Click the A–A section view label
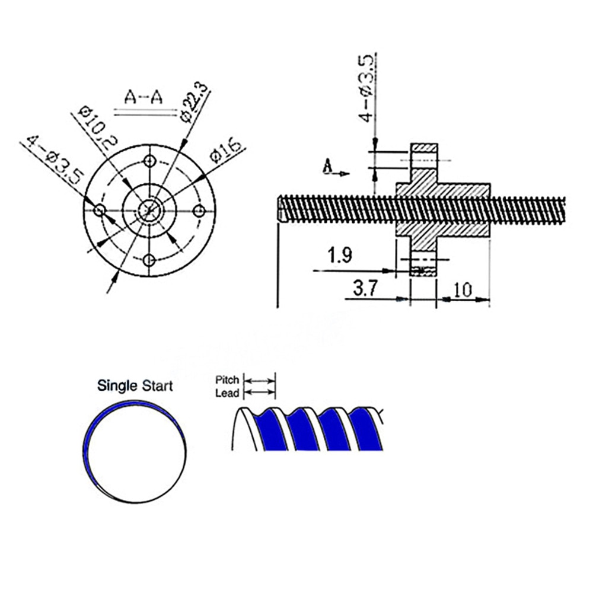pos(143,97)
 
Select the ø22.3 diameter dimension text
pos(195,102)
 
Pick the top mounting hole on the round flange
pos(150,161)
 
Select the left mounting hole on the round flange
pos(100,211)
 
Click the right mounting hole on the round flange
pos(200,211)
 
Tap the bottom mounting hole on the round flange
pos(150,260)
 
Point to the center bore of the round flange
pos(149,210)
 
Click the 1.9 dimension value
pos(340,256)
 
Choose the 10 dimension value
pos(463,289)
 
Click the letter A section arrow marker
pos(328,168)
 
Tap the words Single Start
pos(135,386)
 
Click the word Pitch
pos(227,380)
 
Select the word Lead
pos(227,393)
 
